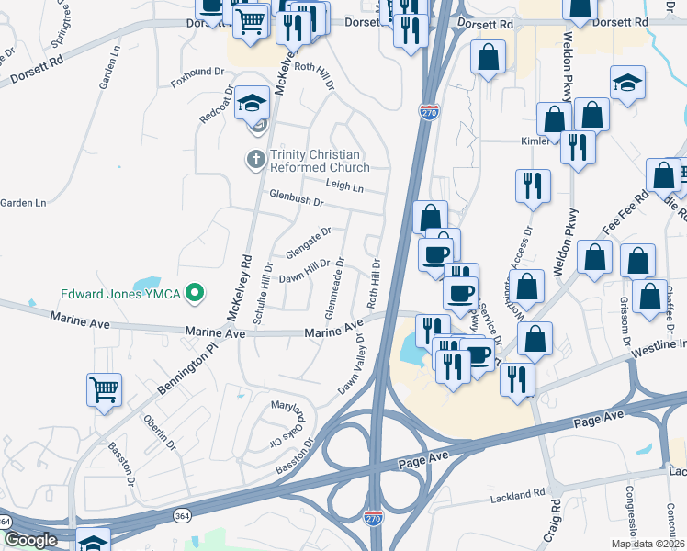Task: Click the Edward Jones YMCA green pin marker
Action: pyautogui.click(x=194, y=294)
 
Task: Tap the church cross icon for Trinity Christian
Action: pyautogui.click(x=255, y=160)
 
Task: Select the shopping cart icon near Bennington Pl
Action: pyautogui.click(x=105, y=388)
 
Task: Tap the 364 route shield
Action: pyautogui.click(x=5, y=522)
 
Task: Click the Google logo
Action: pyautogui.click(x=30, y=540)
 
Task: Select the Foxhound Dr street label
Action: pyautogui.click(x=197, y=72)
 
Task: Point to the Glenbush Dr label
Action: pyautogui.click(x=297, y=198)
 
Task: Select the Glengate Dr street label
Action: pyautogui.click(x=308, y=244)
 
